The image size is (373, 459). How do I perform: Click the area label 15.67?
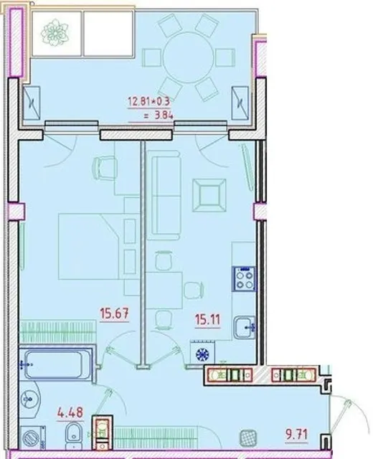(115, 313)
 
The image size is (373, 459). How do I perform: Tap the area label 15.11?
(207, 319)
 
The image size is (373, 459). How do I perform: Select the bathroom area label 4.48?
(70, 413)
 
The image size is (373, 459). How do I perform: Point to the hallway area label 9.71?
(297, 434)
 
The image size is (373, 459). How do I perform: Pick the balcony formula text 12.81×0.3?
(148, 101)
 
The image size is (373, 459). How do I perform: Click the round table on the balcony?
(188, 57)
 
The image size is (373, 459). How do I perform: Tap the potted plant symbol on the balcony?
(55, 32)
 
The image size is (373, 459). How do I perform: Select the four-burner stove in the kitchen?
(245, 279)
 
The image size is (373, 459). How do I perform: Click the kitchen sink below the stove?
(245, 327)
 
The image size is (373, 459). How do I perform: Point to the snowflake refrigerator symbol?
(202, 354)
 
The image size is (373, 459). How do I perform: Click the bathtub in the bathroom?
(55, 364)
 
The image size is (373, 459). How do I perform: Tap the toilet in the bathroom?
(72, 436)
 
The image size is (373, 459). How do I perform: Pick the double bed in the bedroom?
(89, 247)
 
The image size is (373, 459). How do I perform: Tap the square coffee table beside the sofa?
(209, 195)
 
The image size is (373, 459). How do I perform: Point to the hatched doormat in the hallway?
(248, 437)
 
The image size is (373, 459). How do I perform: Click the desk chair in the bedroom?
(105, 167)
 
